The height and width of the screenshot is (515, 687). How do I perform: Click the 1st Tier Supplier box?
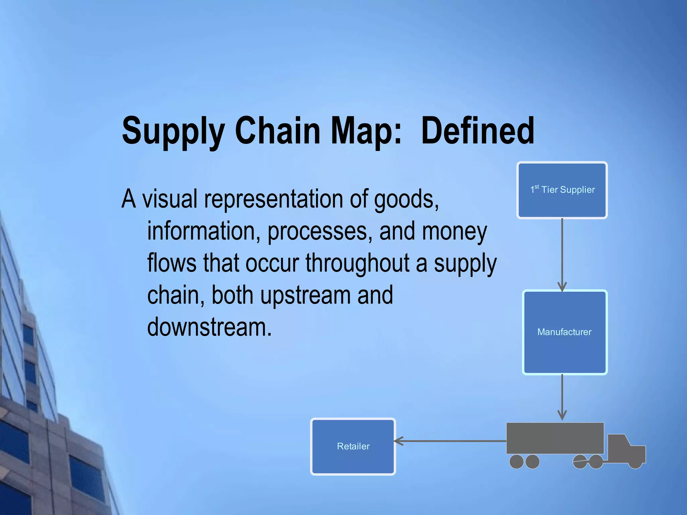[562, 190]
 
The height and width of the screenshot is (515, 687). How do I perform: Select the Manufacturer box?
[565, 332]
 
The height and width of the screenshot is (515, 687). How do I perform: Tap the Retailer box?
[353, 446]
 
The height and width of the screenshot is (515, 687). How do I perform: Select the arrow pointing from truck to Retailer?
[450, 441]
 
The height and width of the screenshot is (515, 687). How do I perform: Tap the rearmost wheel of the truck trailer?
[516, 461]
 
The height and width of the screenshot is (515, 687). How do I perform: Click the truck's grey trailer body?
[555, 438]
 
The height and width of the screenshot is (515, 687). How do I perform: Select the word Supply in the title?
[173, 131]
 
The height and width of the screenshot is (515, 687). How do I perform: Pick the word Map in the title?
[366, 131]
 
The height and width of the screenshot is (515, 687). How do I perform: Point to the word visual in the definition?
[170, 199]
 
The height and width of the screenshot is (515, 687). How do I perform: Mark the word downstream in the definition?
[209, 327]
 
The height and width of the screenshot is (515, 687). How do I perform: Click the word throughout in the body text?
[358, 263]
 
